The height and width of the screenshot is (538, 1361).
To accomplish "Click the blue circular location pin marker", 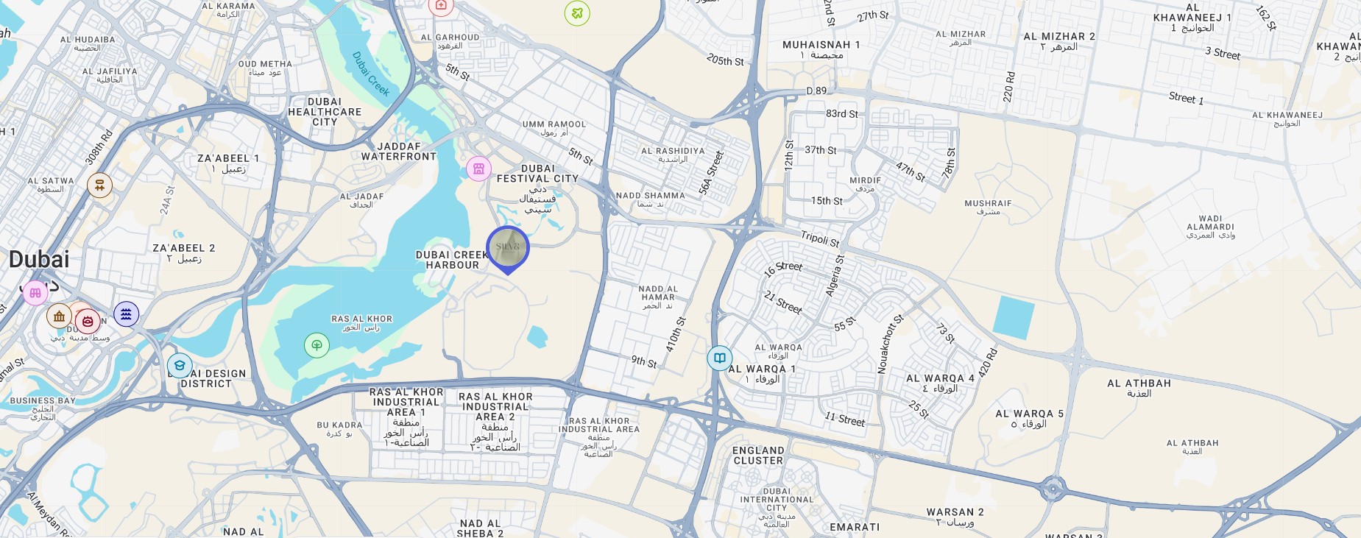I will pyautogui.click(x=508, y=248).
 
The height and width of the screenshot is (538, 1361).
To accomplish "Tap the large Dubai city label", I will pyautogui.click(x=39, y=260).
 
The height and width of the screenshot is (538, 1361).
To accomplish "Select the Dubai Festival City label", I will pyautogui.click(x=537, y=174).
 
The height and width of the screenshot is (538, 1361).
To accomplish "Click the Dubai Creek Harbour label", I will pyautogui.click(x=452, y=260).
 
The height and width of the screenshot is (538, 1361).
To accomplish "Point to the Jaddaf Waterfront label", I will pyautogui.click(x=399, y=152).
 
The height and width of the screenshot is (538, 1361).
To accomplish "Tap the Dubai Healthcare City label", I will pyautogui.click(x=325, y=112).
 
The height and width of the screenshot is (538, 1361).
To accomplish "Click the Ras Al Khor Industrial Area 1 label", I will pyautogui.click(x=406, y=402).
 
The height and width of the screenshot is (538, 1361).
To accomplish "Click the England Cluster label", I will pyautogui.click(x=758, y=456).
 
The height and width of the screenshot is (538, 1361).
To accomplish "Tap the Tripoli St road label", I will pyautogui.click(x=820, y=238).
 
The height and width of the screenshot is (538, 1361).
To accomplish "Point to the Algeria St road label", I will pyautogui.click(x=835, y=276).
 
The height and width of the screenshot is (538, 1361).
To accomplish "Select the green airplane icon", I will pyautogui.click(x=577, y=13).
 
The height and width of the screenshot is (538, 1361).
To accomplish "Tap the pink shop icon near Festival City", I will pyautogui.click(x=478, y=169).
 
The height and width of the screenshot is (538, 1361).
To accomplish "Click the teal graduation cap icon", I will pyautogui.click(x=180, y=365).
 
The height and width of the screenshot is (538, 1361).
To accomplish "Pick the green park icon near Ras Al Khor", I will pyautogui.click(x=317, y=344).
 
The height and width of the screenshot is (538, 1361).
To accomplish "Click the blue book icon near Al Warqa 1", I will pyautogui.click(x=719, y=358).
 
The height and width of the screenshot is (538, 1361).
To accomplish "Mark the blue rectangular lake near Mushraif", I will pyautogui.click(x=1014, y=317).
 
